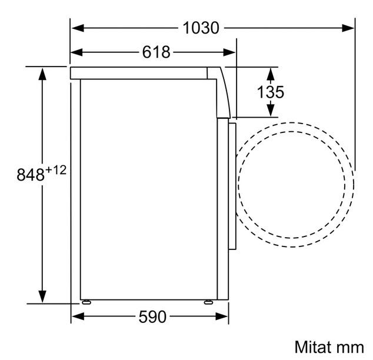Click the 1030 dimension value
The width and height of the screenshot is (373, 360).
click(x=201, y=28)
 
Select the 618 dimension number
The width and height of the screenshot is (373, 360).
click(x=156, y=52)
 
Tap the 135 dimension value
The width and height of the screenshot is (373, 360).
click(x=271, y=92)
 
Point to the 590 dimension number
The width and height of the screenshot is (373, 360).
click(x=152, y=316)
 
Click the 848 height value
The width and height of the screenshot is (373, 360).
click(x=31, y=175)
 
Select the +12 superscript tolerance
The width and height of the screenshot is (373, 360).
click(x=56, y=170)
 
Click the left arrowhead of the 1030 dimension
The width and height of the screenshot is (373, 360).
click(x=78, y=28)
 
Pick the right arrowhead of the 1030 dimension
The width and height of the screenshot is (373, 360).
click(x=348, y=28)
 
